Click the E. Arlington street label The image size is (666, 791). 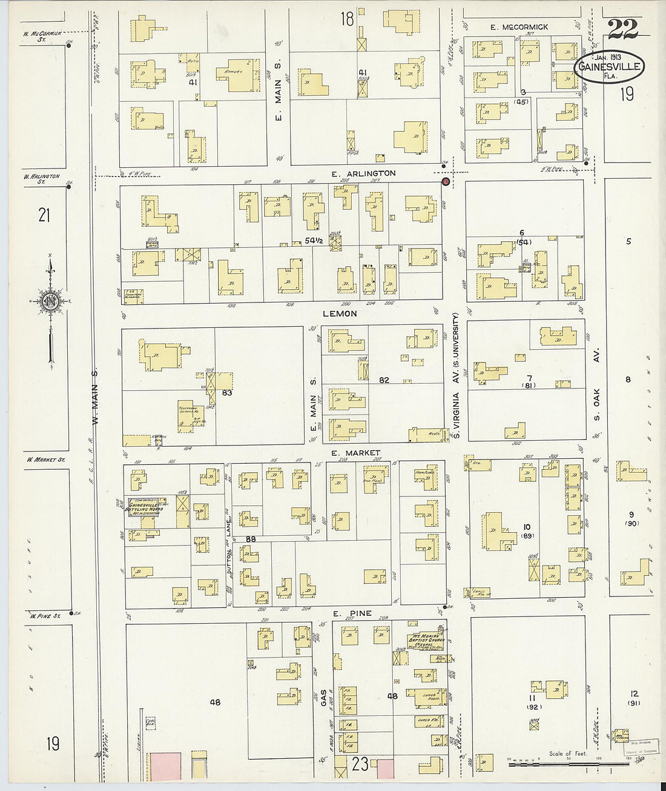click(363, 173)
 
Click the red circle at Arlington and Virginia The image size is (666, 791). click(445, 181)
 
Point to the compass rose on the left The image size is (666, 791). click(52, 303)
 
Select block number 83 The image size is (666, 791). click(227, 393)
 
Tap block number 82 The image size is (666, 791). click(383, 381)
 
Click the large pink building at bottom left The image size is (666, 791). click(163, 772)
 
